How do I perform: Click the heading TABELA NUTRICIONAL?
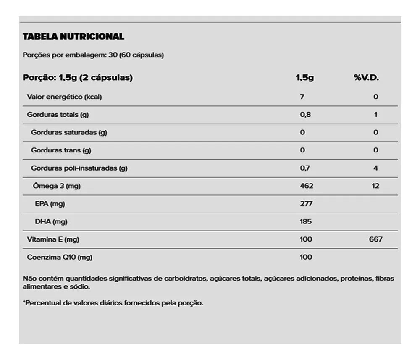pos(73,37)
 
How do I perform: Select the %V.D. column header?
pos(366,78)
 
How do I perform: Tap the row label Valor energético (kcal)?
pos(64,97)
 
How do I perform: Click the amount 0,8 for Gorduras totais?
pos(305,115)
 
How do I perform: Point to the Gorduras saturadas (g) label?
pos(69,133)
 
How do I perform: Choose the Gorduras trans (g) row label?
pos(61,150)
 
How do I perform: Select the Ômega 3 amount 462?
pos(306,186)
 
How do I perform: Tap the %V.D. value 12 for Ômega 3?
pos(375,186)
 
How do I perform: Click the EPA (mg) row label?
pos(50,204)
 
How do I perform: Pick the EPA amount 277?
pos(306,204)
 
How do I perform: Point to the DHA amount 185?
pos(306,222)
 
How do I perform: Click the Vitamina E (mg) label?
pos(53,239)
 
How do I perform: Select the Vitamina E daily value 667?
pos(376,239)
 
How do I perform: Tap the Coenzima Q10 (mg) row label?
pos(60,258)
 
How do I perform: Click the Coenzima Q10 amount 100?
pos(306,258)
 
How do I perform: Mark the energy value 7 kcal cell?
pos(302,97)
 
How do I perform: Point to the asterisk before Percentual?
pos(24,302)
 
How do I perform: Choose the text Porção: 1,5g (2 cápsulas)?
pos(78,78)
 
